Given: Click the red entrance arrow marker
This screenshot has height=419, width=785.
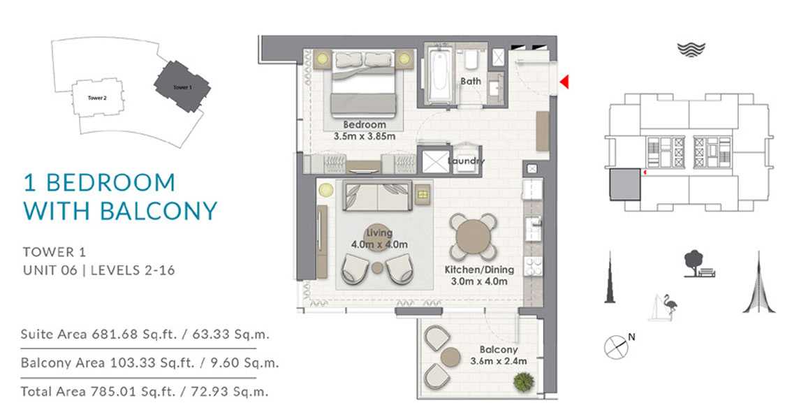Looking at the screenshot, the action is [x=565, y=82].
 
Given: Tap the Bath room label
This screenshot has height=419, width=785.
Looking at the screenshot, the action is [x=471, y=80].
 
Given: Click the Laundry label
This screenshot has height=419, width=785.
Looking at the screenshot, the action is [x=466, y=161].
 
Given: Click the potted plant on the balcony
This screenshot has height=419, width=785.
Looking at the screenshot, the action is [x=524, y=381].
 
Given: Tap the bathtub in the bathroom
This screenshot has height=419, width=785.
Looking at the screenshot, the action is [x=440, y=75].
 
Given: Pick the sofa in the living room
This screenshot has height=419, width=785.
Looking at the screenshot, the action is [x=377, y=196].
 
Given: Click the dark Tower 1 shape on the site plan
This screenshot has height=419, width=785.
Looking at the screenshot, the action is [x=182, y=87].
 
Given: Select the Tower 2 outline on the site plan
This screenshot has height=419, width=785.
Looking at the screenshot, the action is [x=97, y=98].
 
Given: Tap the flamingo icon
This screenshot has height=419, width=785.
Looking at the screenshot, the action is [x=669, y=306].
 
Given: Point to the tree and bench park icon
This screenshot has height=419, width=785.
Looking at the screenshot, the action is [x=698, y=264].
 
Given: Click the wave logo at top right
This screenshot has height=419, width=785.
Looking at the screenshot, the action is [x=691, y=50].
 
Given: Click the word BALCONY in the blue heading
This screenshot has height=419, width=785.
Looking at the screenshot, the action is [x=159, y=211].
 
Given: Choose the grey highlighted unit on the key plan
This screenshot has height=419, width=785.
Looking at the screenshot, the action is [x=625, y=184].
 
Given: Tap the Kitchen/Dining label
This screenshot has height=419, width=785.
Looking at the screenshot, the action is [x=479, y=270].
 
